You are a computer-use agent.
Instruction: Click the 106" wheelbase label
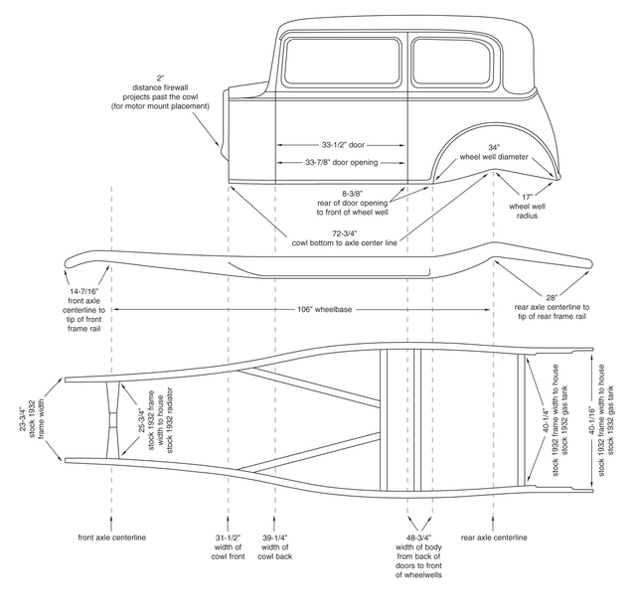click(x=325, y=310)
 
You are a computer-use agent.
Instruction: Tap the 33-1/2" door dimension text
click(x=343, y=145)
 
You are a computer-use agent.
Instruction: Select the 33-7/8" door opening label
click(x=342, y=162)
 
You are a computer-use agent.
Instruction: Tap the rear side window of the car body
click(x=454, y=62)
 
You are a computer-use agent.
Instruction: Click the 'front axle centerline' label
click(x=112, y=537)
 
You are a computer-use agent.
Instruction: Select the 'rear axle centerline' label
click(x=494, y=537)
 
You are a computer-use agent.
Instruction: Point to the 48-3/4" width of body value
click(x=419, y=537)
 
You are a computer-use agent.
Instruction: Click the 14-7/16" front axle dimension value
click(x=83, y=291)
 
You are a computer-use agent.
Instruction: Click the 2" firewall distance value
click(x=160, y=78)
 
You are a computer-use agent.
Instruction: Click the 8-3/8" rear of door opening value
click(x=352, y=194)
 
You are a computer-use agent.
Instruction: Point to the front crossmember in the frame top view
click(x=113, y=420)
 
